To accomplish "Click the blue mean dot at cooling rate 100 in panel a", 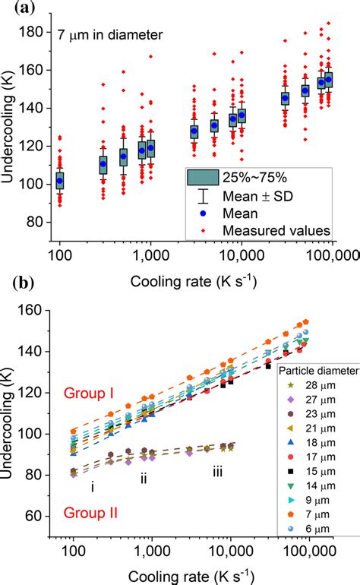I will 60,181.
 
